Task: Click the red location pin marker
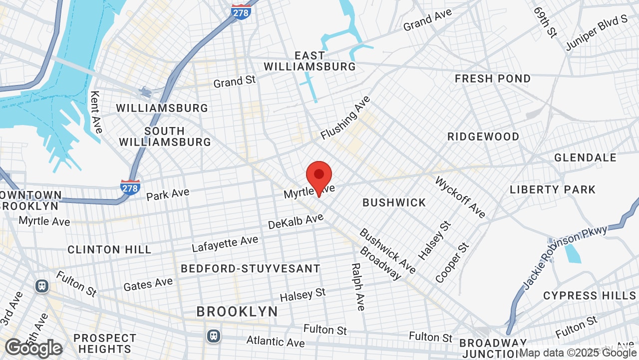[x=319, y=176]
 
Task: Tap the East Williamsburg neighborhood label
[x=310, y=61]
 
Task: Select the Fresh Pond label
[x=492, y=78]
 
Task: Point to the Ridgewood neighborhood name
[x=483, y=136]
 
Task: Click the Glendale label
[x=585, y=158]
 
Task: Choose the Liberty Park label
[x=553, y=189]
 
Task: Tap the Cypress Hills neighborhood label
[x=589, y=295]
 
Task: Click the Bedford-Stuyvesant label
[x=250, y=268]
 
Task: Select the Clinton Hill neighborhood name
[x=109, y=249]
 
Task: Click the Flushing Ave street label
[x=345, y=118]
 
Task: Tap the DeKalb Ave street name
[x=296, y=221]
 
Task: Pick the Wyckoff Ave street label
[x=460, y=197]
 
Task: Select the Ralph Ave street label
[x=358, y=287]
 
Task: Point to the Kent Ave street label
[x=96, y=112]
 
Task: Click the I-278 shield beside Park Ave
[x=130, y=187]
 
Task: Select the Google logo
[x=34, y=348]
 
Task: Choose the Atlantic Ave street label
[x=275, y=341]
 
